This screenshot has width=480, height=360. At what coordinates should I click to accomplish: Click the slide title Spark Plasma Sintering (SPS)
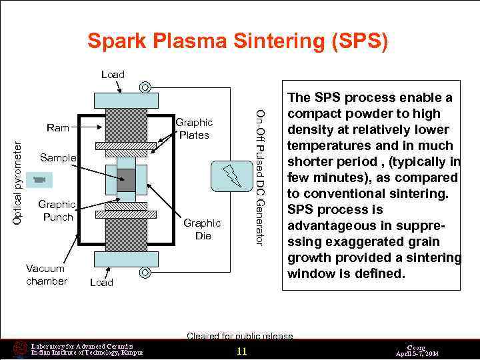237,41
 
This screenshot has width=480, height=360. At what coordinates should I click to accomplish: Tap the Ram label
57,126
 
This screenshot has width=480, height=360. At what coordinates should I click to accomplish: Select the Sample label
57,158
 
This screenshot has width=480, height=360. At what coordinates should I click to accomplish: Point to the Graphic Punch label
57,211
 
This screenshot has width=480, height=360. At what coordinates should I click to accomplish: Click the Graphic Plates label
193,129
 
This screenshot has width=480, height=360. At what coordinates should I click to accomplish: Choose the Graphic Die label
202,230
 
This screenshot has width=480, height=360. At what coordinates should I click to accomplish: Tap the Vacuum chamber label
46,275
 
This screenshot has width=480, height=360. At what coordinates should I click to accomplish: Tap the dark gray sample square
126,179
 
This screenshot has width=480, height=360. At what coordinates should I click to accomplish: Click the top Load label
113,74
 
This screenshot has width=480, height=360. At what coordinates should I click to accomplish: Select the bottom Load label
101,283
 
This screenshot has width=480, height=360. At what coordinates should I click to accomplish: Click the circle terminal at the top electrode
143,87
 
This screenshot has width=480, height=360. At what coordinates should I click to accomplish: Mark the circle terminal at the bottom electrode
143,272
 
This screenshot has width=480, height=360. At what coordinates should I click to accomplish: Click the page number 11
241,351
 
